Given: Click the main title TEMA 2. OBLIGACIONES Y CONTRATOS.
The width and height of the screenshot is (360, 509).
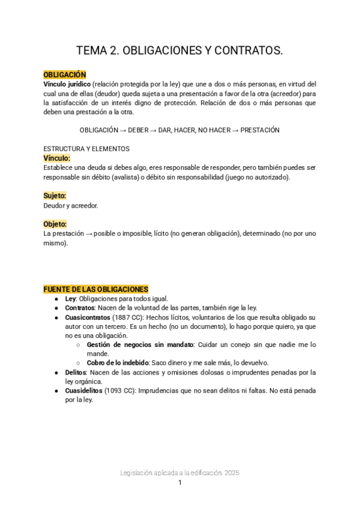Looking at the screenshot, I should click(179, 52).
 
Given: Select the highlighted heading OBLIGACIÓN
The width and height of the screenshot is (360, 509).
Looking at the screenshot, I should click(65, 74).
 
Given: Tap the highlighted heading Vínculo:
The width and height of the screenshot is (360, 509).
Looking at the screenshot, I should click(57, 158).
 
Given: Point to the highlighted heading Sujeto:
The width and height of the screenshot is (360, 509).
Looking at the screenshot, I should click(55, 196).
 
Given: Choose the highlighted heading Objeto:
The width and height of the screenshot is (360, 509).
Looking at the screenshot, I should click(55, 224).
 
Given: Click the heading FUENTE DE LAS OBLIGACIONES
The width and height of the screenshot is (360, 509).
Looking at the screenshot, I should click(96, 289).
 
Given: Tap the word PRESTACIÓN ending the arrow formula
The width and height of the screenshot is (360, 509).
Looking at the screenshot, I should click(260, 130).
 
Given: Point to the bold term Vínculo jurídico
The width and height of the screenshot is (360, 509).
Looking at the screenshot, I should click(67, 84).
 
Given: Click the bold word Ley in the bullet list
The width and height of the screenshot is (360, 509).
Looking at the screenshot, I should click(70, 298).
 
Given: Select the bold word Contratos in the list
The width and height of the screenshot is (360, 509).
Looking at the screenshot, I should click(80, 308).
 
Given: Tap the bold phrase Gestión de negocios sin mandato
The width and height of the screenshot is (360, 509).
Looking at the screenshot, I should click(140, 345).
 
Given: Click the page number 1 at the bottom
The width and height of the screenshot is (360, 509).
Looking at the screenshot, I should click(179, 483).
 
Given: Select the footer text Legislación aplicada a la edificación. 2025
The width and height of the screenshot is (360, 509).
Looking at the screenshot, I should click(179, 473).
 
